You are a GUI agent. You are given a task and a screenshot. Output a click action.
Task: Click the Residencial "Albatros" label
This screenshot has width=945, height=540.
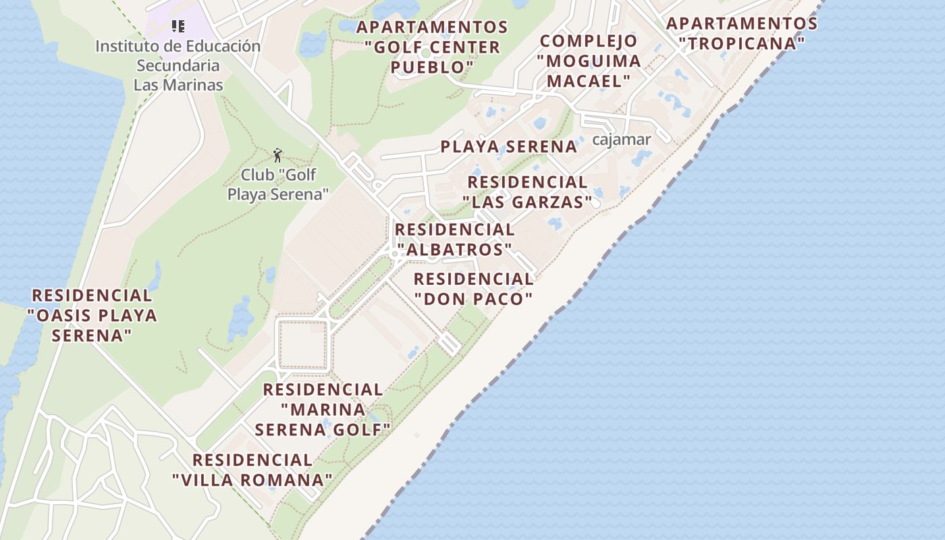point(454,240)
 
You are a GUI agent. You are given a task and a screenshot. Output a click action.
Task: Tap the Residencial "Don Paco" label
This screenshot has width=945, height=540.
point(473,288)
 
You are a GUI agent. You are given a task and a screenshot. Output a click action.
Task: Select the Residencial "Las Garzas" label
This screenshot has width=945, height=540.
point(527,192)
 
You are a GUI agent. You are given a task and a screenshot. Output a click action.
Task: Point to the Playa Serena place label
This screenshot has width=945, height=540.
point(508,146)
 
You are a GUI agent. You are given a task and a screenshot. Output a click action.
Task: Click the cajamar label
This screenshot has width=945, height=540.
point(621,140)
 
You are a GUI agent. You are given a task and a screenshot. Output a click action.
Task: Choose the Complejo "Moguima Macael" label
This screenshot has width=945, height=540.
point(589,61)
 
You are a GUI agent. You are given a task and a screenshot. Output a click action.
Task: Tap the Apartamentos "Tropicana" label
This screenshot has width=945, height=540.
point(742,34)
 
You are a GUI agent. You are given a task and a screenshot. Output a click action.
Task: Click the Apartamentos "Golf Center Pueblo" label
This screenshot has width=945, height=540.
point(432,47)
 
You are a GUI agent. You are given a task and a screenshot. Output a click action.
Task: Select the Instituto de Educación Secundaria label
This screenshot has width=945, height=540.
point(178,65)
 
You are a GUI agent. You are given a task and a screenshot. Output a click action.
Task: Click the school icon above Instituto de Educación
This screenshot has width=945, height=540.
point(178,26)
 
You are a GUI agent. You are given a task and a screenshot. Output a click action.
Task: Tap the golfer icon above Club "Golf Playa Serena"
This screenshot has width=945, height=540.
point(277,155)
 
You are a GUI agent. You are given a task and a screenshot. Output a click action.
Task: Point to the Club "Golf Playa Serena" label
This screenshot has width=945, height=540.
point(278,184)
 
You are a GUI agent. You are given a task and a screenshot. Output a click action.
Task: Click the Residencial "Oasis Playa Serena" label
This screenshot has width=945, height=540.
point(92,315)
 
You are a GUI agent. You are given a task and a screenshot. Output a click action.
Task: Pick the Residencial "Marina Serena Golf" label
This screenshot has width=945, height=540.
point(323,409)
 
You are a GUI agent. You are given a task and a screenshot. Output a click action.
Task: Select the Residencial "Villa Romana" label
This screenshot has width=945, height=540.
point(252,470)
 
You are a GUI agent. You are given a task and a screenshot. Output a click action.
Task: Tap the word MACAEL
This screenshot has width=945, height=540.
point(589,81)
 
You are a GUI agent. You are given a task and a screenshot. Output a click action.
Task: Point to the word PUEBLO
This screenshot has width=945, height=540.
point(432,67)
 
